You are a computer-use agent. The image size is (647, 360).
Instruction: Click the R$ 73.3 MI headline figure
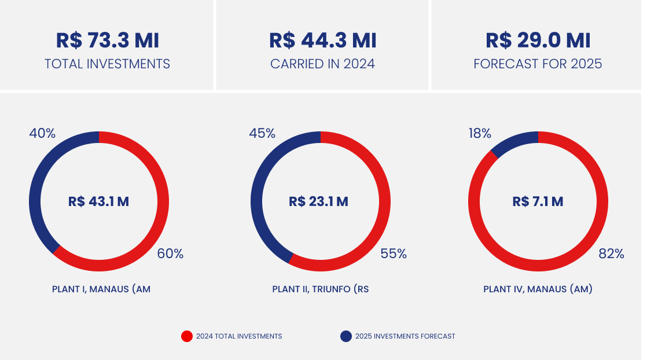pyautogui.click(x=107, y=41)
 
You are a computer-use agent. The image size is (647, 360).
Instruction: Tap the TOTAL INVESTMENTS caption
pyautogui.click(x=107, y=64)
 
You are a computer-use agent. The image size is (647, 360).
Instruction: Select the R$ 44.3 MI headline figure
pyautogui.click(x=322, y=41)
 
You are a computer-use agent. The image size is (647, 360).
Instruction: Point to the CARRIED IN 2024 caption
pyautogui.click(x=322, y=64)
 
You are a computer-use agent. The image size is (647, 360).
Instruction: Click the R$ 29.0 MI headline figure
pyautogui.click(x=538, y=41)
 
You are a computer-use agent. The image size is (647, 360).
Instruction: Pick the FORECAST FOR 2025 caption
pyautogui.click(x=538, y=64)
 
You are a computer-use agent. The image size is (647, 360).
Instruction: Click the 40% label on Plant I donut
pyautogui.click(x=42, y=133)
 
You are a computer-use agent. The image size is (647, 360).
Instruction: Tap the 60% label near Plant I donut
pyautogui.click(x=170, y=254)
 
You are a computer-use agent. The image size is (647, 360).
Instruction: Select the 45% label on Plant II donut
pyautogui.click(x=262, y=133)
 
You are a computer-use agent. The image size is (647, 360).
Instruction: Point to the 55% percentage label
pyautogui.click(x=394, y=254)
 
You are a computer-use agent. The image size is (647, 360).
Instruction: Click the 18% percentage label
pyautogui.click(x=480, y=133)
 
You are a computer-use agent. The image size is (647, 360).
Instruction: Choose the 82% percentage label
pyautogui.click(x=612, y=254)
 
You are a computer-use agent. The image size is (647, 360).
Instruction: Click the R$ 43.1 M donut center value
pyautogui.click(x=98, y=201)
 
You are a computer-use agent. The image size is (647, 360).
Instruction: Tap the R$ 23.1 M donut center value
pyautogui.click(x=318, y=201)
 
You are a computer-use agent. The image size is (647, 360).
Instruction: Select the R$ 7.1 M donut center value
pyautogui.click(x=538, y=201)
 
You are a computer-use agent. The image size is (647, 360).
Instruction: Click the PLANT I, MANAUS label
pyautogui.click(x=101, y=289)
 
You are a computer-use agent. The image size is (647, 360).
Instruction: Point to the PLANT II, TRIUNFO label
pyautogui.click(x=320, y=289)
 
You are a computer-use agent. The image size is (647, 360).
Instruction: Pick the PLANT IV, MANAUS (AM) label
pyautogui.click(x=538, y=289)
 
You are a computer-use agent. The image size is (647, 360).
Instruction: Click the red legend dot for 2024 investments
pyautogui.click(x=187, y=336)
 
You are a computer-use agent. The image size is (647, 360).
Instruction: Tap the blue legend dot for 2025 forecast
pyautogui.click(x=346, y=336)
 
